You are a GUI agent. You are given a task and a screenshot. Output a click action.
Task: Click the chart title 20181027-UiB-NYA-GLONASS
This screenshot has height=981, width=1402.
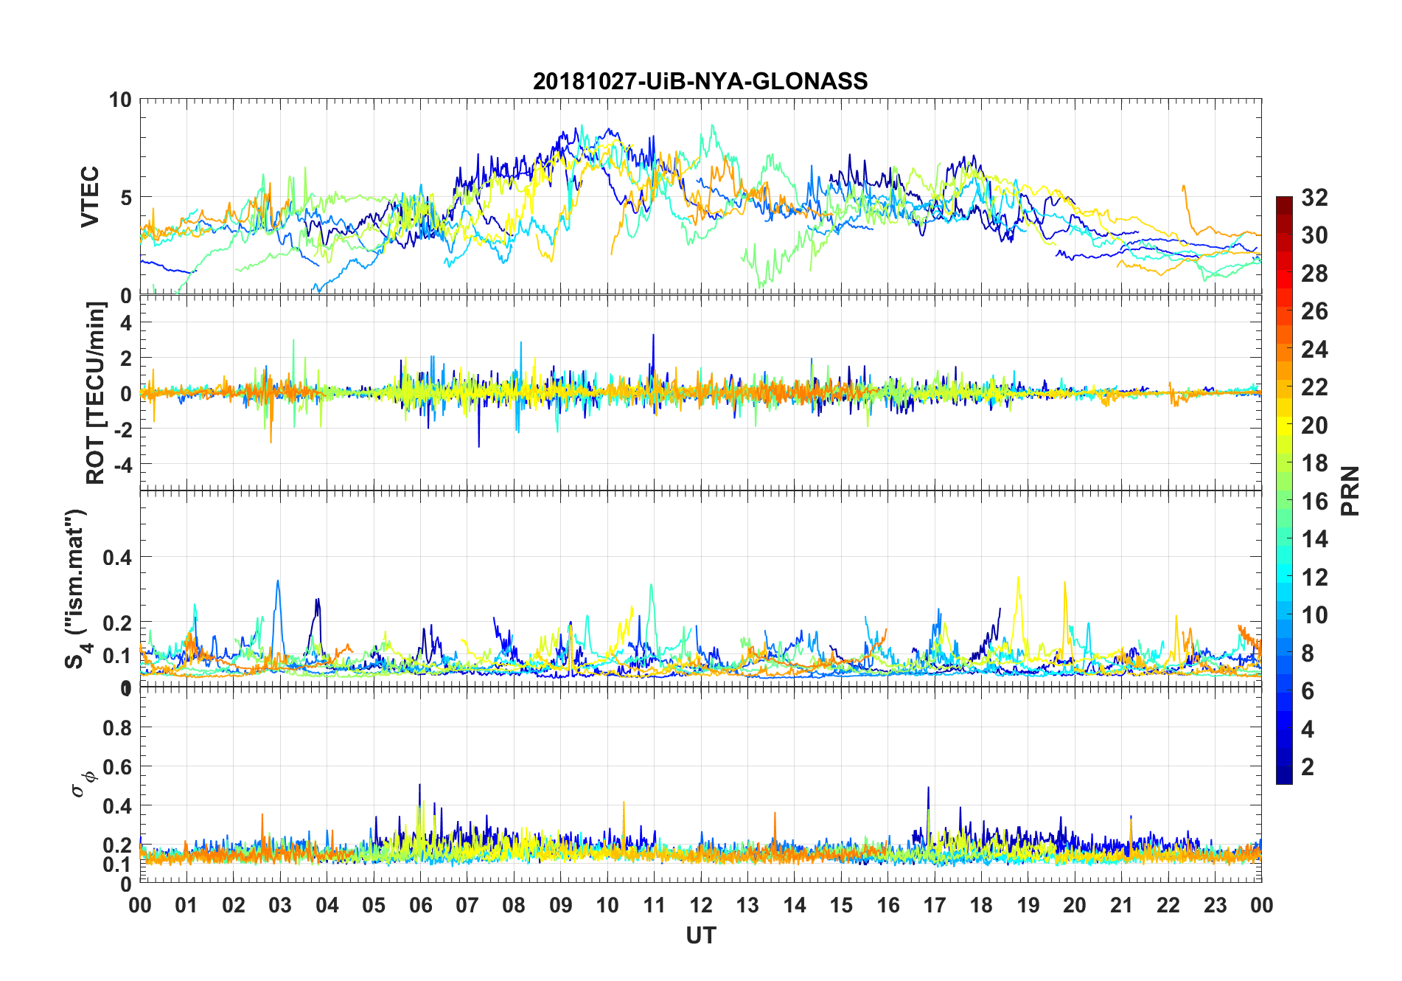700,81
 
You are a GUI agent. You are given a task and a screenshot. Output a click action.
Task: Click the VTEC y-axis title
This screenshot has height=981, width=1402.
90,197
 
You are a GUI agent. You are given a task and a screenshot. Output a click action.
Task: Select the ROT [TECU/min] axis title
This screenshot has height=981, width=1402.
96,392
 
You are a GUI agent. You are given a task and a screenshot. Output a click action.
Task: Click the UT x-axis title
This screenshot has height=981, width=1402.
700,935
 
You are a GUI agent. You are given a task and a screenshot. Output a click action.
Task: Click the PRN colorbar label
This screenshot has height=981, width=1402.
1350,490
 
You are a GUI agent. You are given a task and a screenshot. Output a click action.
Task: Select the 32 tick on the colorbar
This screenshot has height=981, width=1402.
1314,198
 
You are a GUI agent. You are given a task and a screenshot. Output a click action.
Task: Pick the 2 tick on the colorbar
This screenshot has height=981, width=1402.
1308,766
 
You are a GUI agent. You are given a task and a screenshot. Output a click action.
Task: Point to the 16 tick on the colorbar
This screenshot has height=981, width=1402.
1314,502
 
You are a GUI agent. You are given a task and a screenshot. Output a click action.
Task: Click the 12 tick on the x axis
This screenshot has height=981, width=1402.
700,905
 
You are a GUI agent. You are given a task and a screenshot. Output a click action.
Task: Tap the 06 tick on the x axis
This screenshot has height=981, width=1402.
420,905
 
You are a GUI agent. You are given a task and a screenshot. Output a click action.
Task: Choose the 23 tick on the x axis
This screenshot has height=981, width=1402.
1215,905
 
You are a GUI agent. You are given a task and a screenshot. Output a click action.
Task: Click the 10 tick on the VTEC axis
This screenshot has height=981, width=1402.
120,100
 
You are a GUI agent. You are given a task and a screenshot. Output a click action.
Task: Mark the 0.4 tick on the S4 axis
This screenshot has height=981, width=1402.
117,558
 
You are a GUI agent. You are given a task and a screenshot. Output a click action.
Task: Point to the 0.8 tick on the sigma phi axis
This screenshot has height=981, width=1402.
117,728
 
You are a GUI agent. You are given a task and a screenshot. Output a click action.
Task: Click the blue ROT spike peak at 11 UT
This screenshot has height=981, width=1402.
653,335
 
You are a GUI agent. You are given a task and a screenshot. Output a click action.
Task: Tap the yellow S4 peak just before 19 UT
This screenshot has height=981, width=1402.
1018,578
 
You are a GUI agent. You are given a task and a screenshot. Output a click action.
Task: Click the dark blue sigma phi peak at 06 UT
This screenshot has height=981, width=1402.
419,785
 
